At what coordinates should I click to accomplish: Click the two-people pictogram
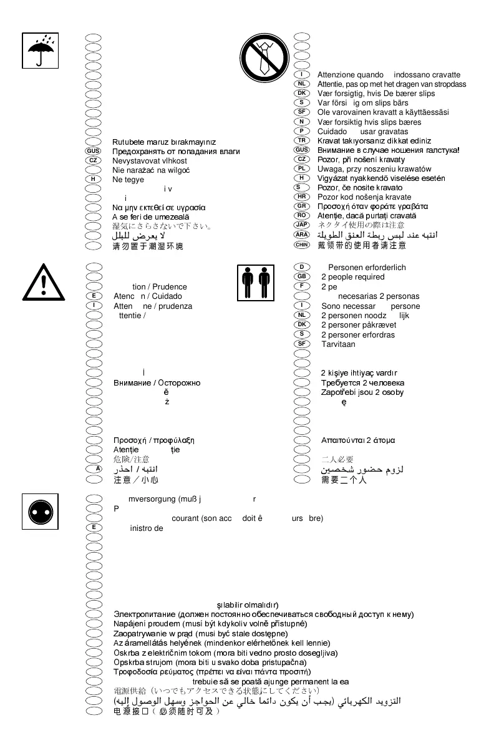[256, 283]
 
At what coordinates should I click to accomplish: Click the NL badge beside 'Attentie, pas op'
[302, 84]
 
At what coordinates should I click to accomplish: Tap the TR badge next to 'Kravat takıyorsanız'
[302, 140]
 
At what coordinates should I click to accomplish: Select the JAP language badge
[302, 225]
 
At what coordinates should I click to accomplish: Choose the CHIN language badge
[302, 245]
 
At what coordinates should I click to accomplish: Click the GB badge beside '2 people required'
[302, 277]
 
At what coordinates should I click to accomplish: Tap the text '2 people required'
[352, 278]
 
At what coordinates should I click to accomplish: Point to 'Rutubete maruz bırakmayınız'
[164, 142]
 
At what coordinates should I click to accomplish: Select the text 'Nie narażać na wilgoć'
[151, 170]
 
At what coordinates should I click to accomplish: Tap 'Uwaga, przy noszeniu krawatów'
[374, 169]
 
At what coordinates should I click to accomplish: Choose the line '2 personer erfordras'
[357, 334]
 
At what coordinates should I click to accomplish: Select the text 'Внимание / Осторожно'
[157, 382]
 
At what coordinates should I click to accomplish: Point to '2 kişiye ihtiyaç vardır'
[363, 373]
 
